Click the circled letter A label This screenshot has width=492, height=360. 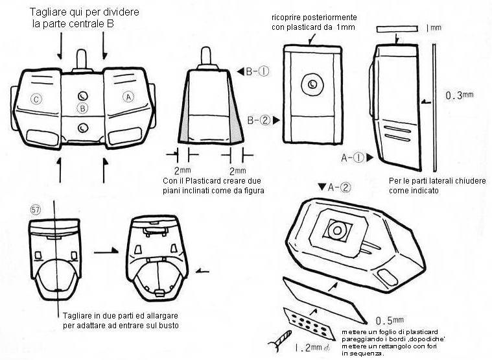(x=128, y=96)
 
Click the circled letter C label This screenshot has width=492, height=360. (x=36, y=99)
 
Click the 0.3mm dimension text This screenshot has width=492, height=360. (x=460, y=95)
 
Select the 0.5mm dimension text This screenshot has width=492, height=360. (x=390, y=320)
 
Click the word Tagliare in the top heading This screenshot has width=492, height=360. (x=49, y=13)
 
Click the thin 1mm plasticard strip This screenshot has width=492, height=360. (x=399, y=29)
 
